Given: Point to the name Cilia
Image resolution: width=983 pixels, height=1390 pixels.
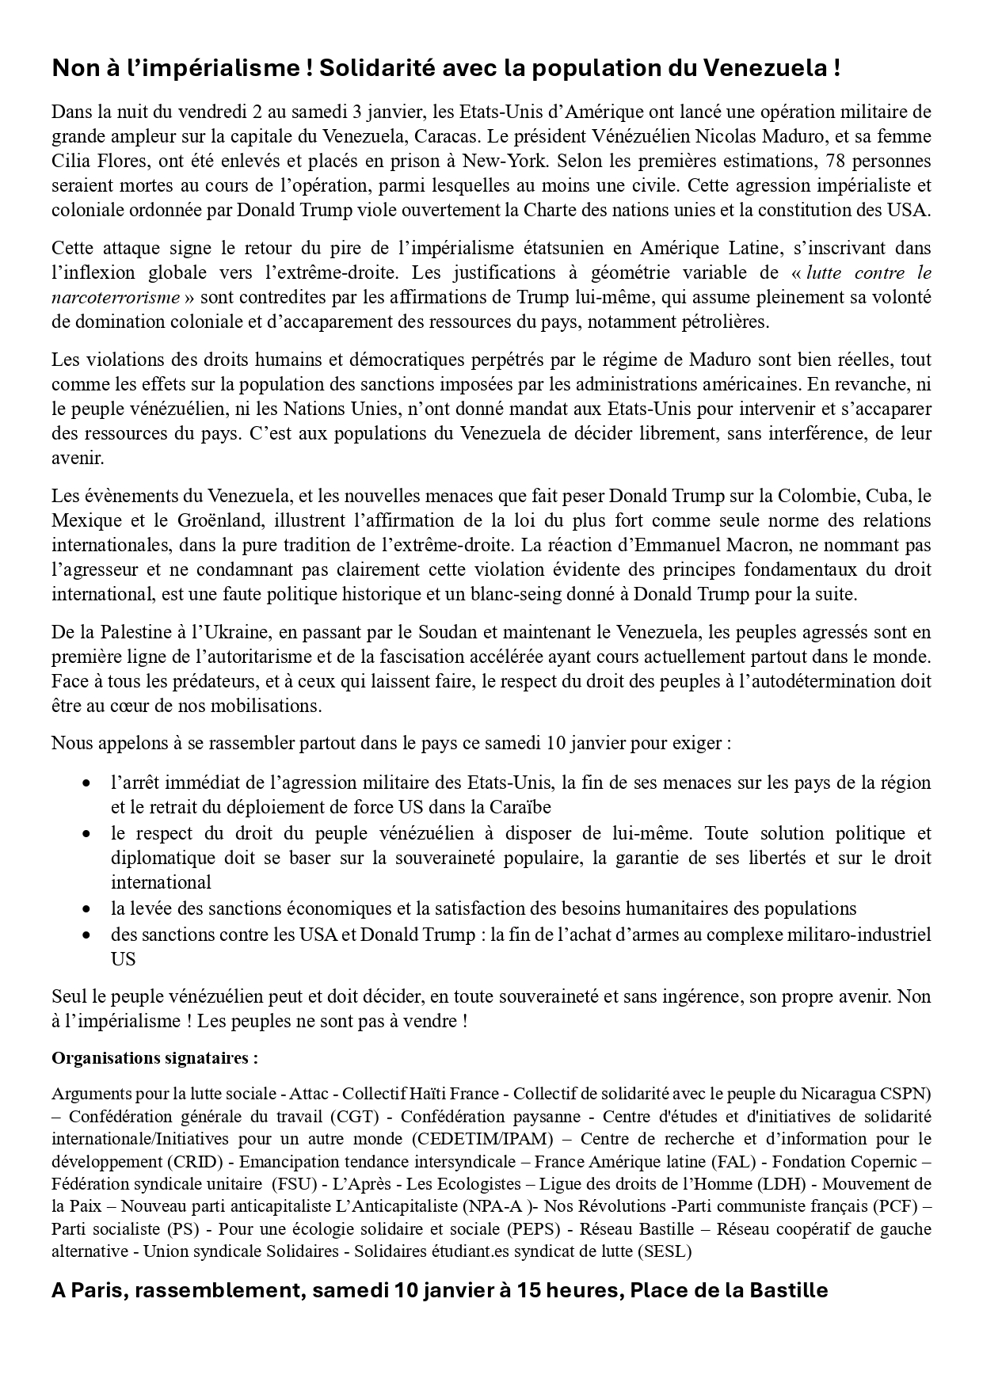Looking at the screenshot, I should (x=70, y=161).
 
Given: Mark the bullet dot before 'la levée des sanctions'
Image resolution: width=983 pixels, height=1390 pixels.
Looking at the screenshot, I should (x=87, y=909).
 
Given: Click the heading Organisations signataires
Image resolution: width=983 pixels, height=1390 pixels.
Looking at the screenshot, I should (x=154, y=1058).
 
